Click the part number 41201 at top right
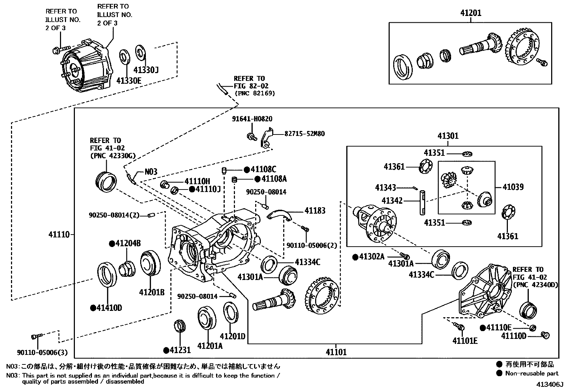tap(471, 13)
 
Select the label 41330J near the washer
tap(146, 70)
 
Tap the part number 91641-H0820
tap(252, 119)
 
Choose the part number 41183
tap(315, 211)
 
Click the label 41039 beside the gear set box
tap(513, 187)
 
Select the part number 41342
tap(392, 201)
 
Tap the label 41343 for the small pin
tap(385, 187)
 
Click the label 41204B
tap(128, 243)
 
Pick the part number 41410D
tap(109, 308)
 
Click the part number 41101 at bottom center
tap(336, 352)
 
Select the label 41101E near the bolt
tap(465, 341)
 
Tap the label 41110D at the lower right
tap(513, 336)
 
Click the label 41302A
tap(372, 257)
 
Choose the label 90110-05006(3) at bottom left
tap(42, 353)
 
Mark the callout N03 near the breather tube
tap(150, 172)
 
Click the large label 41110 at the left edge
tap(59, 234)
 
